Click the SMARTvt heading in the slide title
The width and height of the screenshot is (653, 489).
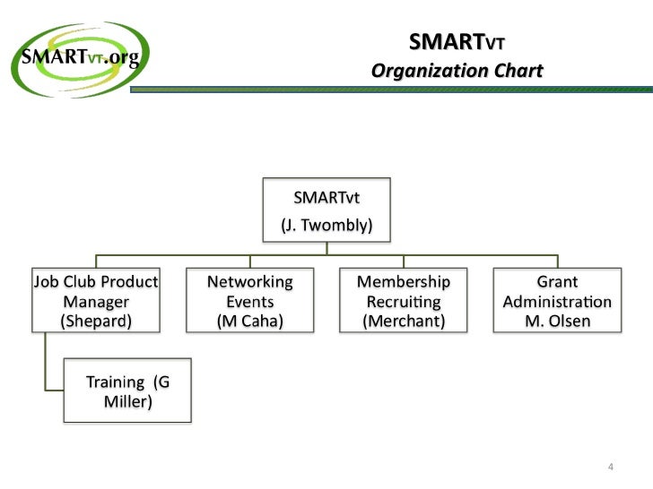point(462,42)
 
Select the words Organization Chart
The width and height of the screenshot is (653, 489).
point(457,71)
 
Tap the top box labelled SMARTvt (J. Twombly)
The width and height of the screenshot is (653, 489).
point(327,210)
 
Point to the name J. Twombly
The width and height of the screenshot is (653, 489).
point(327,226)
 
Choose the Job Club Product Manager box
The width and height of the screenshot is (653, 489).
point(96,301)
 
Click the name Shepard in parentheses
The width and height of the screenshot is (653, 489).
point(96,321)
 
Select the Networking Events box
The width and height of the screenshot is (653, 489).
point(250,301)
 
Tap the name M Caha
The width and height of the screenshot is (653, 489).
point(250,321)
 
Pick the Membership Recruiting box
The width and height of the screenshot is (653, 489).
point(404,301)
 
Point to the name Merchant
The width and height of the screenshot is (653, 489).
point(404,321)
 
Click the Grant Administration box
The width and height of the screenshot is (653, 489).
point(557,301)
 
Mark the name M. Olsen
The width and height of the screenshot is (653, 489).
point(557,321)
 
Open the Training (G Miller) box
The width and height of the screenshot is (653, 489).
point(126,391)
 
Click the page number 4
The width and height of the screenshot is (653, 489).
point(611,468)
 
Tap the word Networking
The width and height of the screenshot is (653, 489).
point(250,282)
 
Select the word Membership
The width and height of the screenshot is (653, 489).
point(404,282)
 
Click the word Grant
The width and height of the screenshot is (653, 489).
point(557,282)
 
